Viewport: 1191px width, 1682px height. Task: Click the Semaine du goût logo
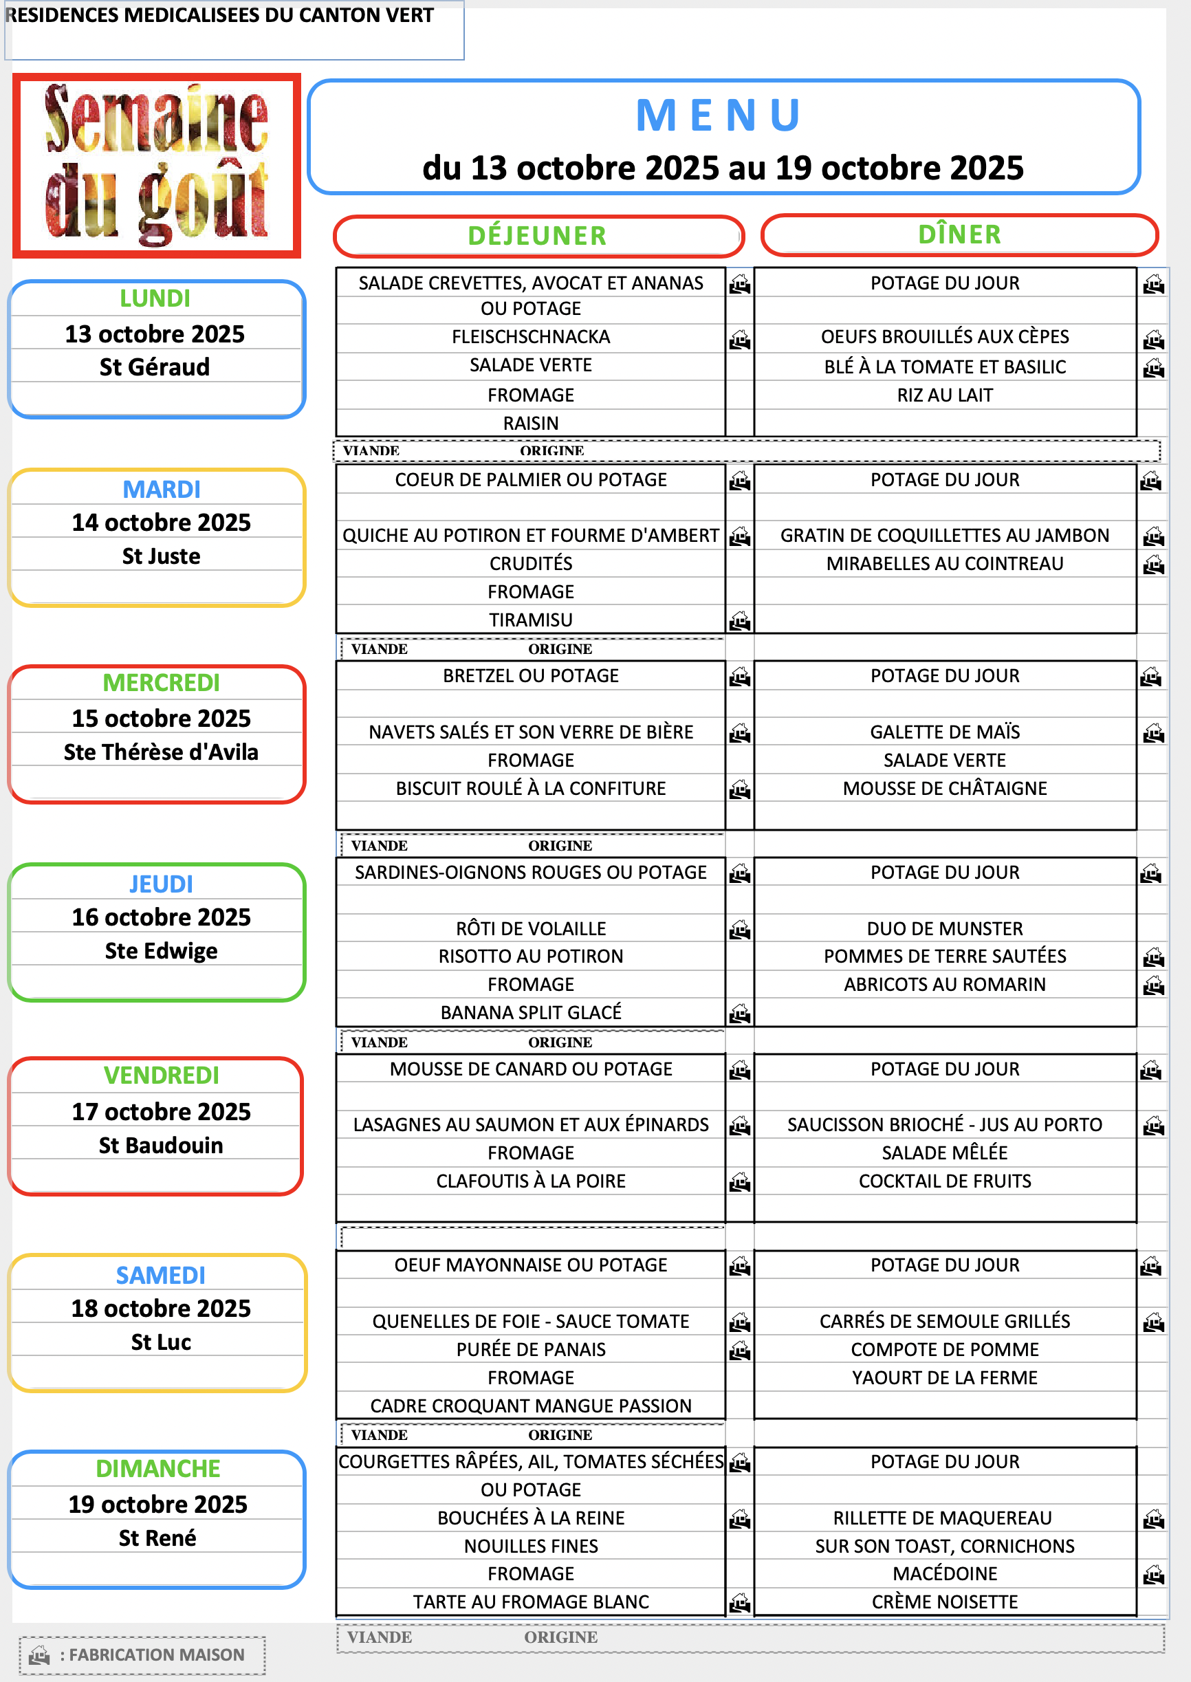click(x=156, y=166)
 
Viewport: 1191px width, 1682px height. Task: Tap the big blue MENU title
click(x=719, y=116)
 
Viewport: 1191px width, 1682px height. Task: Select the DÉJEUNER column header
click(x=538, y=236)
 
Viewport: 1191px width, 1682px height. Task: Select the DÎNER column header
click(x=959, y=234)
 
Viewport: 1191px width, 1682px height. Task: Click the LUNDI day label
click(x=155, y=299)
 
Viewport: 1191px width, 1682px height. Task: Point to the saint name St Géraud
click(x=155, y=367)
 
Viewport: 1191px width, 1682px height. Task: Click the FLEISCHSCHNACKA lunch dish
click(x=530, y=336)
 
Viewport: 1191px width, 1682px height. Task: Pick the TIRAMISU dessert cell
click(x=530, y=620)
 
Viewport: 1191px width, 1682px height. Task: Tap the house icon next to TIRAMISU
click(x=740, y=621)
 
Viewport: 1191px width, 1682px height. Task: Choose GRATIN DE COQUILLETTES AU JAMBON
click(x=945, y=535)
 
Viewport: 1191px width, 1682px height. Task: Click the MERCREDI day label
click(x=161, y=683)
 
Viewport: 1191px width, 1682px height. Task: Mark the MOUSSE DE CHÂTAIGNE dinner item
click(x=945, y=788)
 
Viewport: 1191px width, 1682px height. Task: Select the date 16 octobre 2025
click(x=161, y=917)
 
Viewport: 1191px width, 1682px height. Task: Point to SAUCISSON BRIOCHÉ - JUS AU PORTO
click(x=945, y=1125)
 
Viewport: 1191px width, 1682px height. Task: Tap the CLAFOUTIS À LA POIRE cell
click(x=530, y=1181)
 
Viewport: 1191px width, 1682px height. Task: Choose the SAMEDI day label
click(x=161, y=1276)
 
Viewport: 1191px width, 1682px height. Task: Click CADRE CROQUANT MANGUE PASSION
click(x=530, y=1406)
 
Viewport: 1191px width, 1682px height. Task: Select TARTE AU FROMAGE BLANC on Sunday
click(x=530, y=1602)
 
